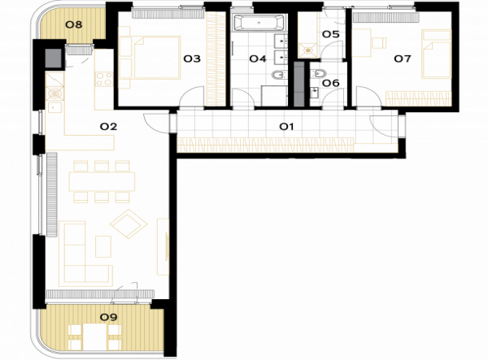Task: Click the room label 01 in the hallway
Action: (x=286, y=127)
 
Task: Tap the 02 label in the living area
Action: (x=108, y=127)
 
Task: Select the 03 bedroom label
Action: (x=192, y=59)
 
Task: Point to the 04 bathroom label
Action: (x=258, y=59)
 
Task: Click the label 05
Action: (x=330, y=34)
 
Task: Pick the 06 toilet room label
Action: (x=330, y=83)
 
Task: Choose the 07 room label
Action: (x=403, y=59)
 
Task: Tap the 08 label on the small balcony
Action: (x=74, y=24)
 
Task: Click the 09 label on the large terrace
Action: (x=108, y=317)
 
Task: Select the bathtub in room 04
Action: (x=258, y=23)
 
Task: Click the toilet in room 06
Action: (x=319, y=74)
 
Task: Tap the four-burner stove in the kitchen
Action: (x=104, y=79)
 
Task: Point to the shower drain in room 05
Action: (x=308, y=50)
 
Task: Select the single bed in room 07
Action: (x=436, y=54)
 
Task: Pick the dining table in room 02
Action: (x=102, y=181)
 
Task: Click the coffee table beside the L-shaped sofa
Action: (x=103, y=246)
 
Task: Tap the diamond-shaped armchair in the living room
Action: (x=129, y=223)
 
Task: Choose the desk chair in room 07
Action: (x=379, y=42)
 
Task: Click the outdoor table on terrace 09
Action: (x=95, y=337)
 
